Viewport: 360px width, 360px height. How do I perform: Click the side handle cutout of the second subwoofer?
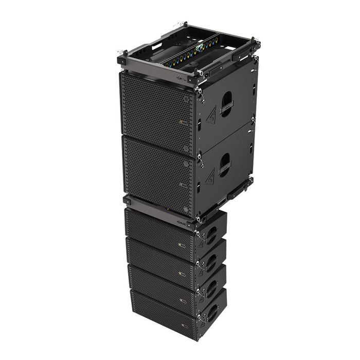[225, 165]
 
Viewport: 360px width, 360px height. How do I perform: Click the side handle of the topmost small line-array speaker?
[211, 235]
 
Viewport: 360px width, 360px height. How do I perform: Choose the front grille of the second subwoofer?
[157, 170]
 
